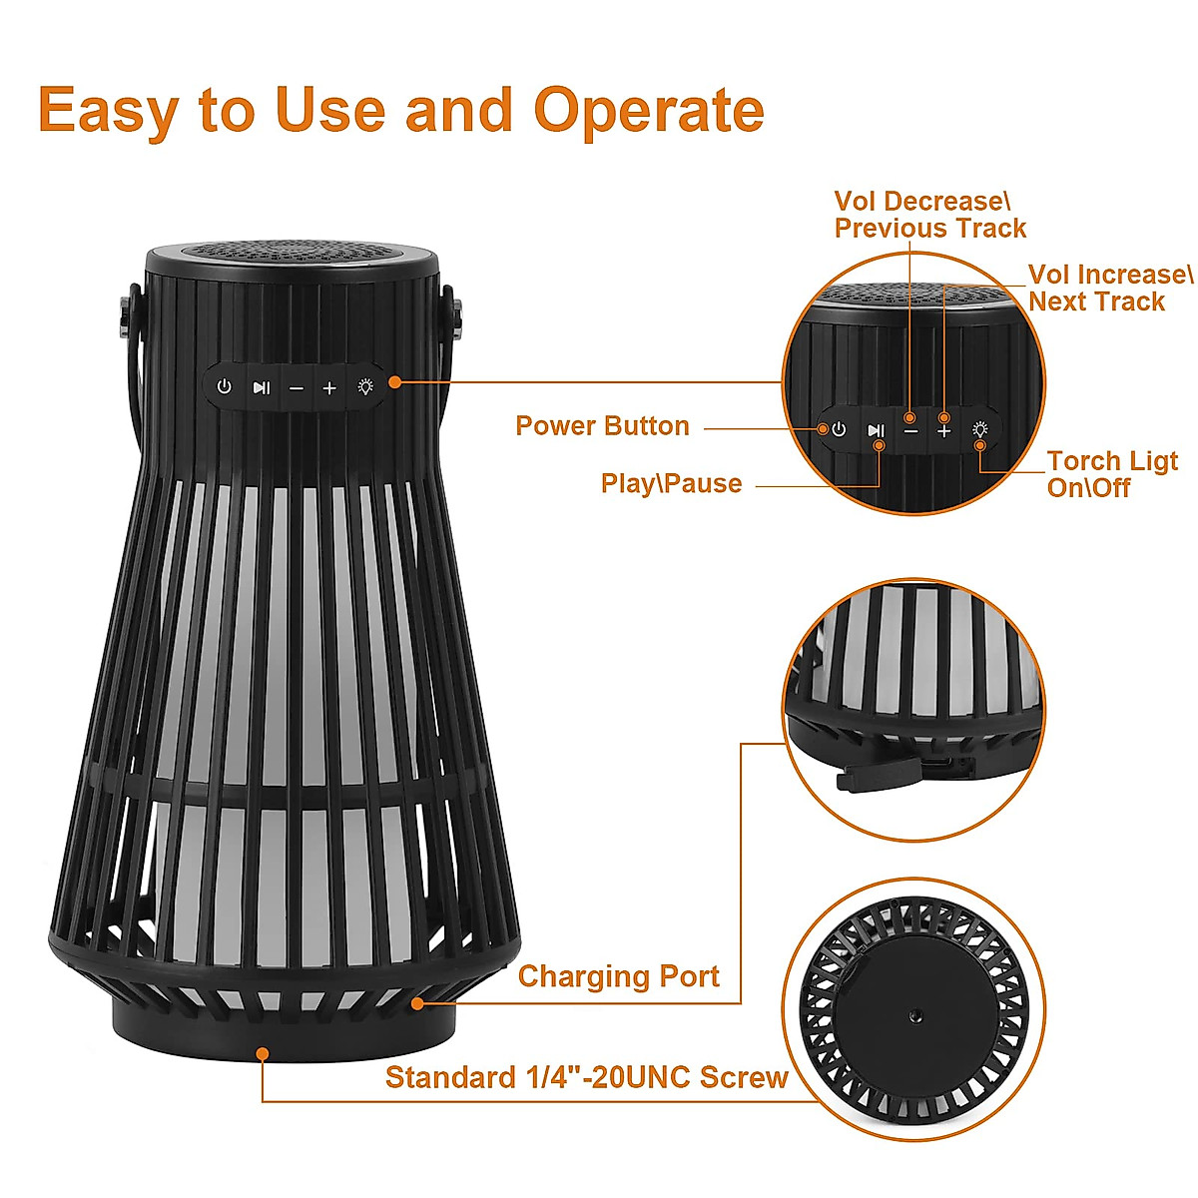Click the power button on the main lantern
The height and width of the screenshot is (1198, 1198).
225,386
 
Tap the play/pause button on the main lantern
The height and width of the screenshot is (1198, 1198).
261,387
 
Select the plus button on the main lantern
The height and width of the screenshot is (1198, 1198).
329,387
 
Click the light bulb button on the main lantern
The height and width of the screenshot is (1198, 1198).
366,386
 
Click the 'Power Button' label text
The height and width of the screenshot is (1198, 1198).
602,426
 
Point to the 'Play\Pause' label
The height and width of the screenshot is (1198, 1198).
671,484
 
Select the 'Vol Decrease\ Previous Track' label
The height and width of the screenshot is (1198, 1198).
929,216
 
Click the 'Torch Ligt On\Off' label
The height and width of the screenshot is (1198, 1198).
1111,474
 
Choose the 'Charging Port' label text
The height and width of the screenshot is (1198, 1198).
618,976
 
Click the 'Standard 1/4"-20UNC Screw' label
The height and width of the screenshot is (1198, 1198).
586,1078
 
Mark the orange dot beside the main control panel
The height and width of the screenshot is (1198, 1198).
395,381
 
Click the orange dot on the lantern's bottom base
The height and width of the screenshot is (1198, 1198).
263,1052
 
